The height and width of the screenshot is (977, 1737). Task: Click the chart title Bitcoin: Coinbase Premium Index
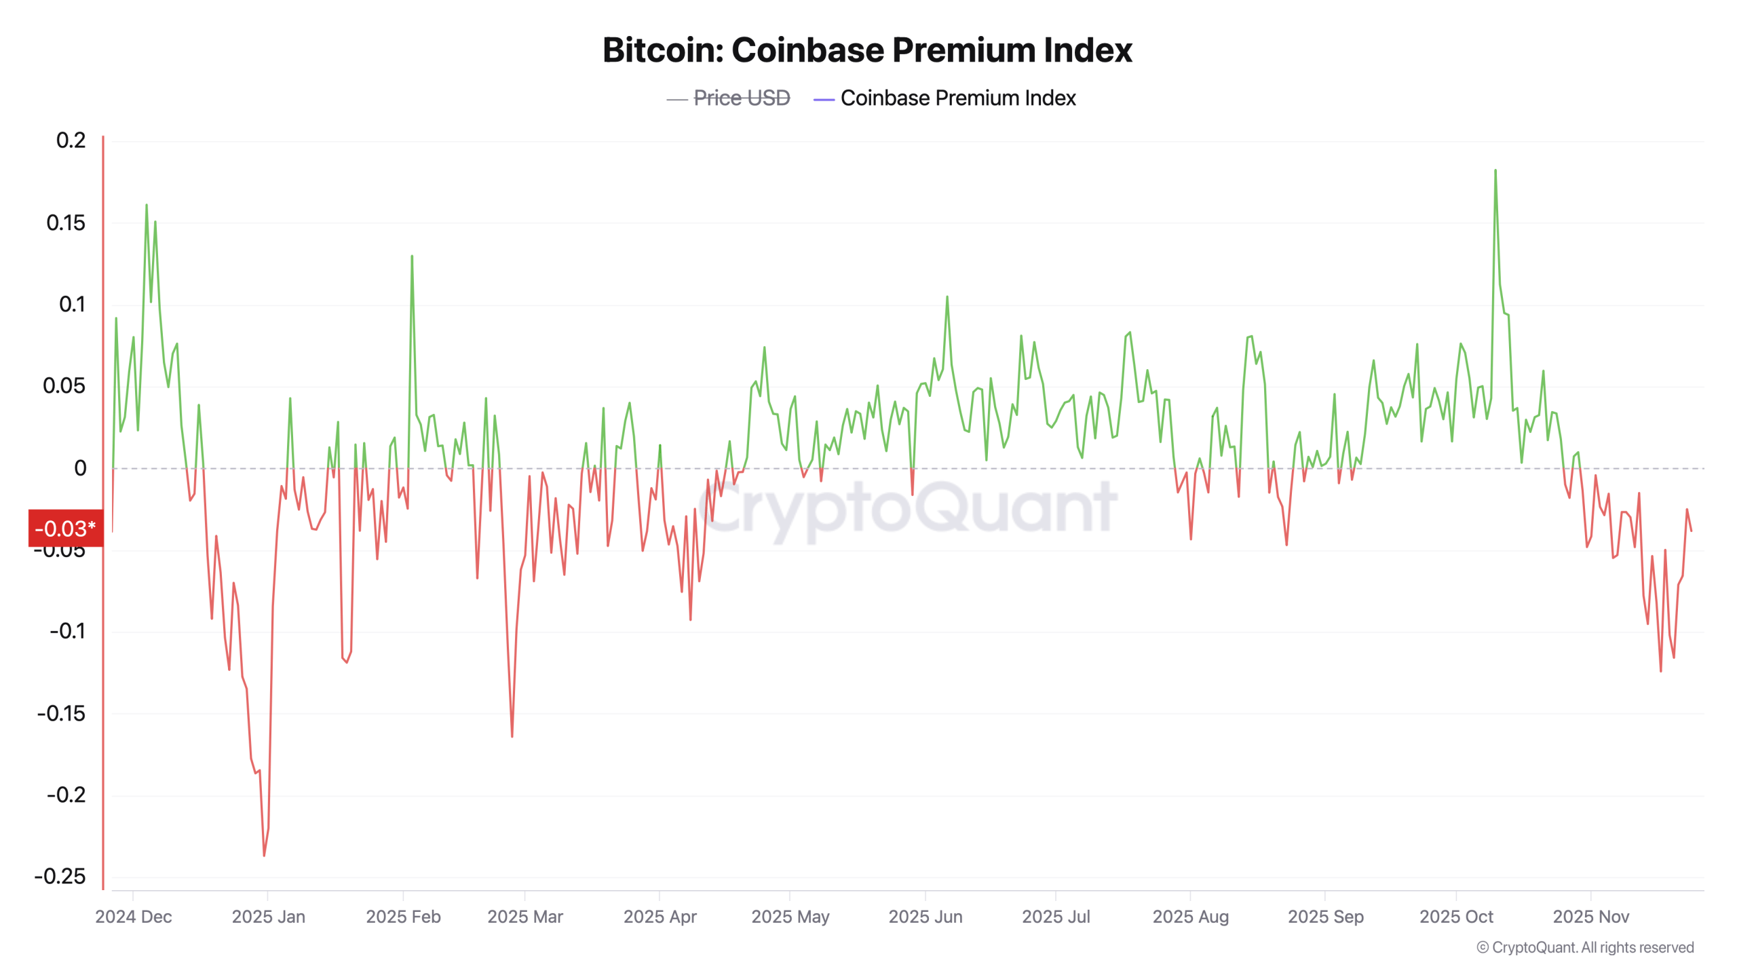click(x=867, y=50)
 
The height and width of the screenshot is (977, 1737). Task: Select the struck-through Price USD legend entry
click(x=741, y=98)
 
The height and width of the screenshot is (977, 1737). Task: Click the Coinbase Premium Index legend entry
click(x=957, y=98)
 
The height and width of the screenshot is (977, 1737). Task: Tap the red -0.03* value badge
click(x=65, y=529)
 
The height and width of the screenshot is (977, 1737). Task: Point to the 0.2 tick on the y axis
click(x=71, y=140)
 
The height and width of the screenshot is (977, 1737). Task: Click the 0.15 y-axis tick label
click(x=66, y=223)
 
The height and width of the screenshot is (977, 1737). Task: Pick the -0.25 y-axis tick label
click(x=60, y=876)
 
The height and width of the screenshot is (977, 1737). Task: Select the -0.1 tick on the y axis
click(x=67, y=631)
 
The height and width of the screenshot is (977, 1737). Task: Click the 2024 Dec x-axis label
click(x=134, y=917)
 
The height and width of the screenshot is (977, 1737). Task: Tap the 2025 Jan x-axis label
click(x=268, y=917)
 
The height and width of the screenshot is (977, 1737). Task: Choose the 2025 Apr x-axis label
click(x=660, y=917)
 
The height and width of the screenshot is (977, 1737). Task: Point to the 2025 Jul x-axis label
click(x=1056, y=917)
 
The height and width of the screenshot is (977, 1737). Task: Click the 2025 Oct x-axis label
click(x=1456, y=917)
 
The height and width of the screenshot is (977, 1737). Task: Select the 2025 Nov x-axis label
click(x=1590, y=917)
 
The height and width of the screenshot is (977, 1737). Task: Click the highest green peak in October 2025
click(x=1495, y=171)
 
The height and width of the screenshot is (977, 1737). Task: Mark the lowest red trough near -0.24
click(x=264, y=856)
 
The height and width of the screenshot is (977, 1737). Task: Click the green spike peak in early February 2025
click(x=412, y=256)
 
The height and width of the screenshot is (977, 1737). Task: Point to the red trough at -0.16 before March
click(x=512, y=736)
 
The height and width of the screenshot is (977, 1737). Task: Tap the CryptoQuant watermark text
click(x=909, y=507)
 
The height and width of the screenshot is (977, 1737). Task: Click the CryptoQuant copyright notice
click(x=1585, y=947)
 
